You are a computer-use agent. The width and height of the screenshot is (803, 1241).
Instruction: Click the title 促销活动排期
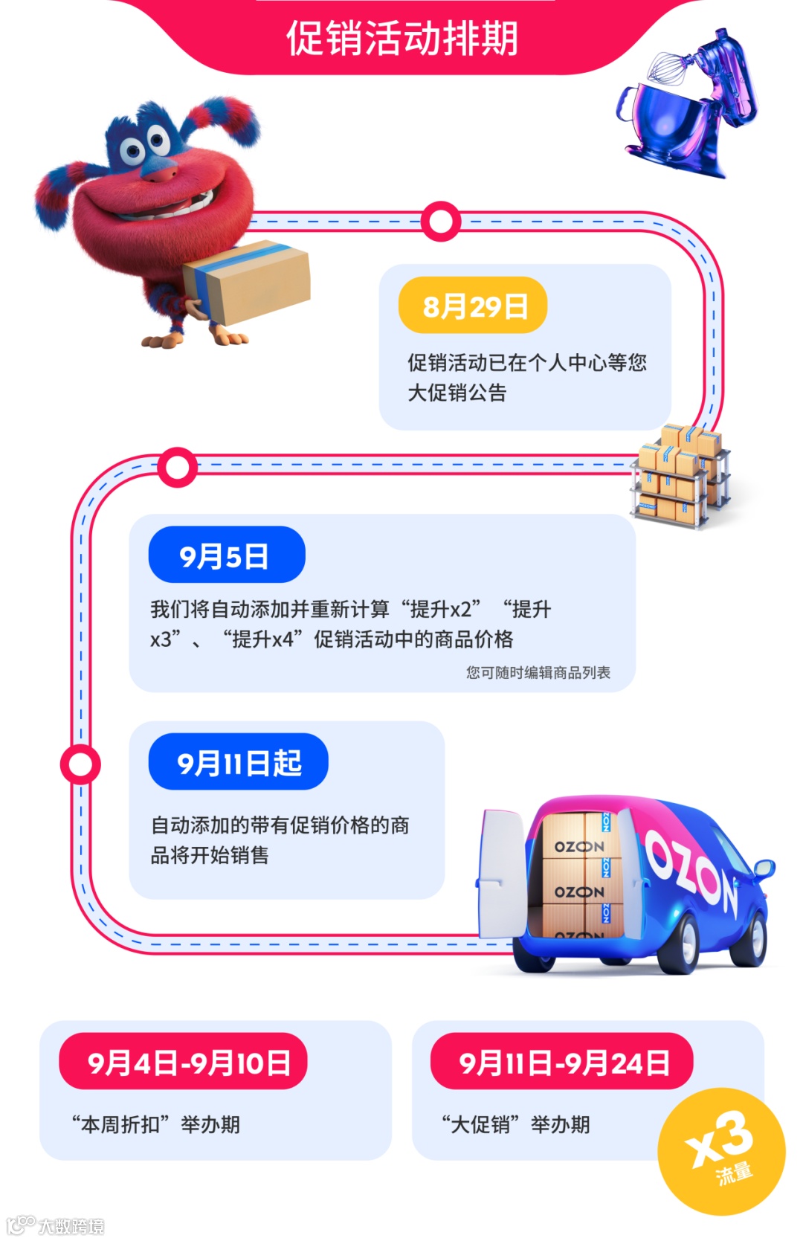401,39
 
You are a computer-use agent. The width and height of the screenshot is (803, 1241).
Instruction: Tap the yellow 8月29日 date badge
473,306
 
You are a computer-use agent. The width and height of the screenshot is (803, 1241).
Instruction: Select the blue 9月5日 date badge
226,555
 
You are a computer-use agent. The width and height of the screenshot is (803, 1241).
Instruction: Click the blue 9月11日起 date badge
238,762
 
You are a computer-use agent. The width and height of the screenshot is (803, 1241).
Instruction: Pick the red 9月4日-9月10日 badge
183,1062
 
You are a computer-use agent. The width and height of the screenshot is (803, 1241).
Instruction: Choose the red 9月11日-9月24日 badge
561,1062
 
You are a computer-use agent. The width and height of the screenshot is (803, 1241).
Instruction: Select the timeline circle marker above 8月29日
441,222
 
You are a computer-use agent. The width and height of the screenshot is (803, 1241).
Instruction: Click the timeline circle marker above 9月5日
177,468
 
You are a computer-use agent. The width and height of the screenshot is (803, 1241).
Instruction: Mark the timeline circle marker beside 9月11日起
80,764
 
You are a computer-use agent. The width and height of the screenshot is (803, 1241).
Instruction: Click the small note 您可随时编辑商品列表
538,672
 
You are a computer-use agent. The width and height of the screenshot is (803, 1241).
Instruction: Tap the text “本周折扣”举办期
156,1124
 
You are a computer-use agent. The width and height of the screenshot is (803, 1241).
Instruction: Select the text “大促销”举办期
516,1124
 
